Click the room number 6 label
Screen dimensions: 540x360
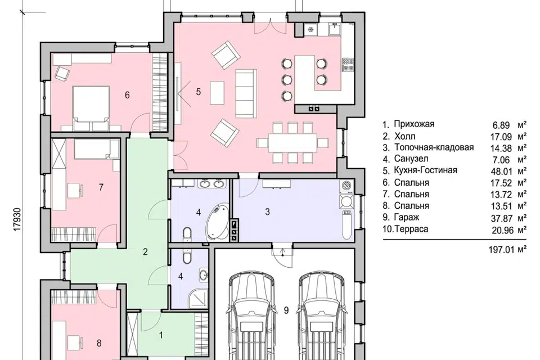pos(127,94)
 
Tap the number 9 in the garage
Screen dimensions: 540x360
pos(286,310)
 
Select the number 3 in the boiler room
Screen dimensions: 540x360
pos(268,212)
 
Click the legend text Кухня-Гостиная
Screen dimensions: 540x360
pos(426,170)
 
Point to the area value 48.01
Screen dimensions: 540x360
pos(501,171)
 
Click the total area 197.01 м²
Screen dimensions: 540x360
pos(507,249)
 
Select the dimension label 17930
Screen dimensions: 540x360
pos(18,219)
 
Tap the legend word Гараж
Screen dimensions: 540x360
pos(407,217)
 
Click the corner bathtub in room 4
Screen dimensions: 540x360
pos(218,221)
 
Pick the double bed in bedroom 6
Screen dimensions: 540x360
pos(91,108)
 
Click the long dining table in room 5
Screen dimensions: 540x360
pos(292,142)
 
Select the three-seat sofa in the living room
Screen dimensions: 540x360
pos(246,93)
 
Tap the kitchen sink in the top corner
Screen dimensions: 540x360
pos(334,29)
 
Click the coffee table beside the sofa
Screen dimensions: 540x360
pos(217,93)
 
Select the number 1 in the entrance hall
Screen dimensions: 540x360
pos(160,335)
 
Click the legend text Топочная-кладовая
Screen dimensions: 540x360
pos(434,147)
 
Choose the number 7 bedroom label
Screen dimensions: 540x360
pos(101,187)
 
